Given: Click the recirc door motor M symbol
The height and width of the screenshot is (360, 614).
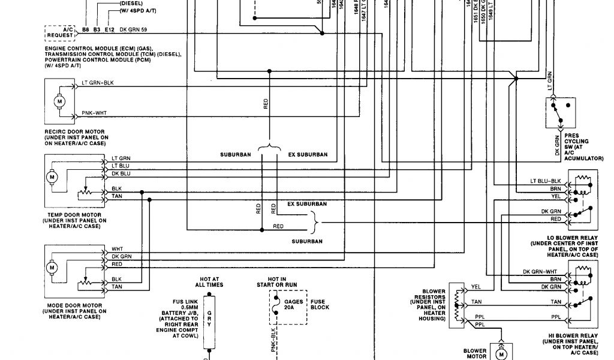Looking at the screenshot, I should coord(59,101).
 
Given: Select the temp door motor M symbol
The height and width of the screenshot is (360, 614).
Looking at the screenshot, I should coord(52,178).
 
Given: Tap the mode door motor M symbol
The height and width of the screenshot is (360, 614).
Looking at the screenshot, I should coord(52,267).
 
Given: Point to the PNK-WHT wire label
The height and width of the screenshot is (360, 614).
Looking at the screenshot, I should coord(94,113).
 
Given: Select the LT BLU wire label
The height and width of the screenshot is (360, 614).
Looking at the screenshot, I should coord(121,166).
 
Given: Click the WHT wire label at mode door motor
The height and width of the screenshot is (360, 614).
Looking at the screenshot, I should coord(117,248).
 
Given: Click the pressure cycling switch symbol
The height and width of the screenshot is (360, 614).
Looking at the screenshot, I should coord(559,112).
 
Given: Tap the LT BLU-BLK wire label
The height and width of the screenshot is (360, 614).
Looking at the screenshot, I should coord(545,181).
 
